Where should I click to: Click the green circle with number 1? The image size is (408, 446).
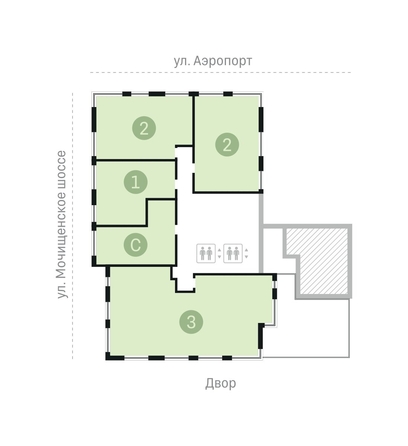coord(136,182)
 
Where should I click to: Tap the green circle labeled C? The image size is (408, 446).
coord(136,245)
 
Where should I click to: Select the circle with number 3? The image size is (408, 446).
coord(191,322)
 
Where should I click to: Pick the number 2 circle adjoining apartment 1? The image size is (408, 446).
coord(144,128)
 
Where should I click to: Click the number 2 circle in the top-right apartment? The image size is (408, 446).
coord(227,145)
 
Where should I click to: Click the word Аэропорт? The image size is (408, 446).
coord(223,62)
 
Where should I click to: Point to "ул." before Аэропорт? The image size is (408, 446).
coord(181,61)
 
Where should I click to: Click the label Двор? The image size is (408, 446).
coord(221,383)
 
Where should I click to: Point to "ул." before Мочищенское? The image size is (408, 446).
coord(62,290)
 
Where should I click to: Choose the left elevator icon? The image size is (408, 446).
coord(206,253)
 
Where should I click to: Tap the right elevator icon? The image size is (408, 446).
coord(233,253)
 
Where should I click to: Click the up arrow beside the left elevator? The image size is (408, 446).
coord(219,250)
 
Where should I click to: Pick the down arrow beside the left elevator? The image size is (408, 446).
coord(219,256)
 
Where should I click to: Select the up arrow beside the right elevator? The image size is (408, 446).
coord(246,250)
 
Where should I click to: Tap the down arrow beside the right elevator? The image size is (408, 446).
coord(246,256)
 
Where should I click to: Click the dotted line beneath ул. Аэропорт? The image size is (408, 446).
coord(220,72)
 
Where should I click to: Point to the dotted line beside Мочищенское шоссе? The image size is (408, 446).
coord(73,226)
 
